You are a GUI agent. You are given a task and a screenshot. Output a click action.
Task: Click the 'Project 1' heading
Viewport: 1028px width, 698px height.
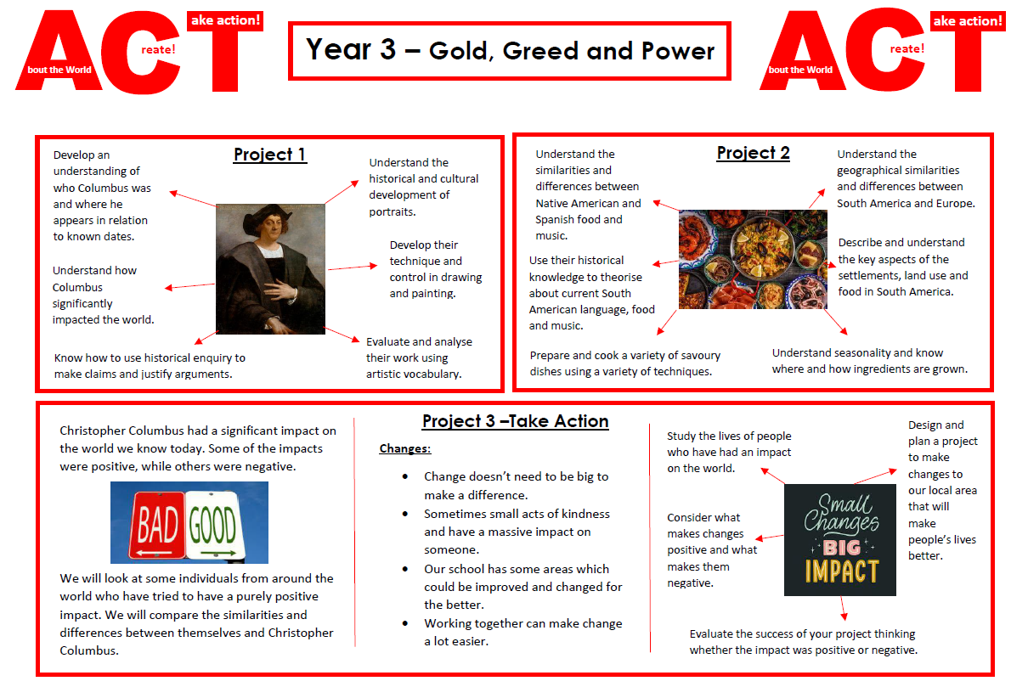click(270, 155)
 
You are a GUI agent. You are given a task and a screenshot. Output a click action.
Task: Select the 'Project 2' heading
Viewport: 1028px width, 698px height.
click(753, 153)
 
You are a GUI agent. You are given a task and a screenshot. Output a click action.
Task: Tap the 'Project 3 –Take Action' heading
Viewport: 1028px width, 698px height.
click(516, 421)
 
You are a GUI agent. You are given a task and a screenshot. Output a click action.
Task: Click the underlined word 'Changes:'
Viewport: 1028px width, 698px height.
click(404, 448)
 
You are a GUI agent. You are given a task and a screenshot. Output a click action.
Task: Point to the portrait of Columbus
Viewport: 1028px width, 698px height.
click(270, 268)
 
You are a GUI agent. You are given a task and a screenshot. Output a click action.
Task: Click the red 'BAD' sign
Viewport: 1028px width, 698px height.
click(157, 524)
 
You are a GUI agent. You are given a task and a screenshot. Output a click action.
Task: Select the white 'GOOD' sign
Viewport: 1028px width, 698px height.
click(213, 526)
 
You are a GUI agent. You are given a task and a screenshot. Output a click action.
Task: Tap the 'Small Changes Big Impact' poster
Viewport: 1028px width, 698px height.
click(840, 540)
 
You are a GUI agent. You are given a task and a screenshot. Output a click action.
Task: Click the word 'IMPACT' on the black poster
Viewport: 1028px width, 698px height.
click(842, 571)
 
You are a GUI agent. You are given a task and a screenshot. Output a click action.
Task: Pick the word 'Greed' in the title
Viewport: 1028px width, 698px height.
click(539, 51)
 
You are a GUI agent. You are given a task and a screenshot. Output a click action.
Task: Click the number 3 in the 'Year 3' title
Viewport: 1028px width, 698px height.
click(387, 49)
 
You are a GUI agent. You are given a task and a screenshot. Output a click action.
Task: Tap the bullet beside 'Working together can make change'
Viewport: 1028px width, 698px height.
click(405, 623)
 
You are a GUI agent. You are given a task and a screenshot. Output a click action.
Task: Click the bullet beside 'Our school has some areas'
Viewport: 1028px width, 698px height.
click(405, 569)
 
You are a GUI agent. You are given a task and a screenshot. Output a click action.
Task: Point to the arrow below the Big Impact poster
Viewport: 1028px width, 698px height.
click(843, 608)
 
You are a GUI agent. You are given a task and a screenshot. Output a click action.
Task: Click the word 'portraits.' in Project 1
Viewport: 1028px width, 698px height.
click(393, 212)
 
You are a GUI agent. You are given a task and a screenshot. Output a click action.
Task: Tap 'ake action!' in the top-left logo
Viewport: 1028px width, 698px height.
click(225, 20)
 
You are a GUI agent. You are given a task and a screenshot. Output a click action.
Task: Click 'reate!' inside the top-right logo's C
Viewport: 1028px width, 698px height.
click(907, 48)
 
